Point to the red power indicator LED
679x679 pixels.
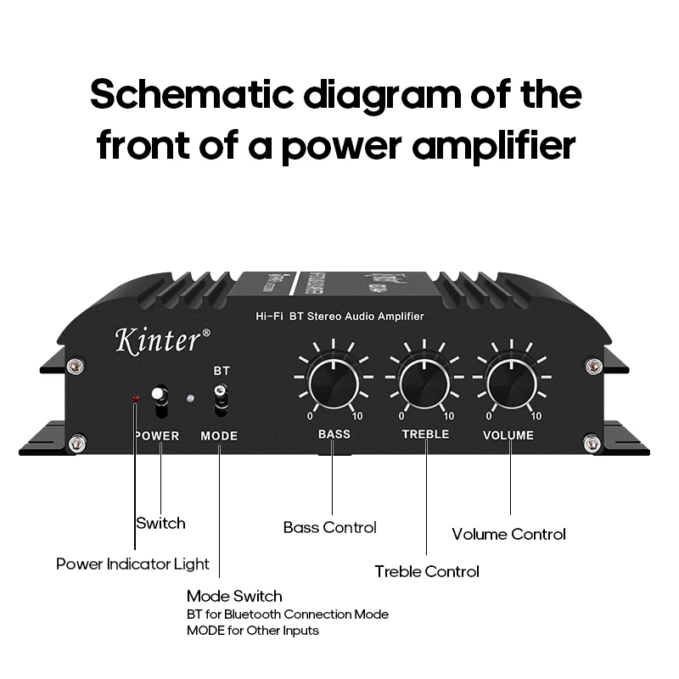(134, 398)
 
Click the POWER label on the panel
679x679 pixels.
(157, 436)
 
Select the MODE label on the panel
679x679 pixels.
(219, 436)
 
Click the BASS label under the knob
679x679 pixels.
(334, 435)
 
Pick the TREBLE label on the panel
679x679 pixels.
(425, 435)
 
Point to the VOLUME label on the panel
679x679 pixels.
(508, 435)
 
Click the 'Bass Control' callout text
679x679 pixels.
(329, 528)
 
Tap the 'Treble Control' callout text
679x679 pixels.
(427, 572)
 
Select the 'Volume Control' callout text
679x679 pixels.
(508, 535)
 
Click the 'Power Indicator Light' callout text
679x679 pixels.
(132, 564)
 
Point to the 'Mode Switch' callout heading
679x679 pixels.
(234, 597)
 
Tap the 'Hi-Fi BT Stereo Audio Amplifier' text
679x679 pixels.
(339, 317)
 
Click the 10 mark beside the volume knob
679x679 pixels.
(536, 417)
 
